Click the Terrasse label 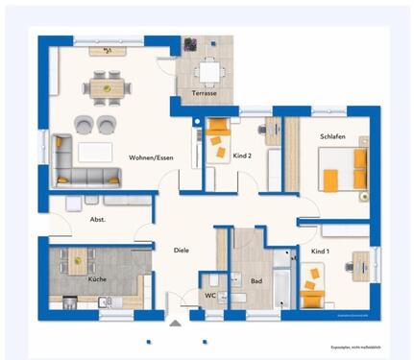tap(204, 93)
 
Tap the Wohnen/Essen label tap(151, 156)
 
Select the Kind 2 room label tap(242, 155)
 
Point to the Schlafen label tap(332, 137)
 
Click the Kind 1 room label tap(320, 251)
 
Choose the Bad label tap(256, 280)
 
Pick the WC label tap(210, 296)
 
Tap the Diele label tap(181, 250)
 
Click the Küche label tap(97, 279)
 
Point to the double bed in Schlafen tap(346, 166)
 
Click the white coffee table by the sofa tap(95, 151)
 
